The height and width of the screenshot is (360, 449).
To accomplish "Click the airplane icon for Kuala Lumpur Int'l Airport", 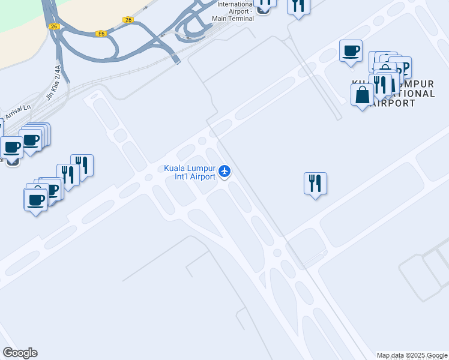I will [x=225, y=172].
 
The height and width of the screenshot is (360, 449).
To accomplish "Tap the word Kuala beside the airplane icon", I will [x=175, y=169].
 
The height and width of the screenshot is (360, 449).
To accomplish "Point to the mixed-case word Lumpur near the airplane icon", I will [x=202, y=169].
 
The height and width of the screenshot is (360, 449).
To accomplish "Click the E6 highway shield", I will [x=101, y=34].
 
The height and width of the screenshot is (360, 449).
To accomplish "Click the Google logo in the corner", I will [x=20, y=353].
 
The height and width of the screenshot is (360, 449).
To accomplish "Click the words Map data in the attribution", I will [x=390, y=355].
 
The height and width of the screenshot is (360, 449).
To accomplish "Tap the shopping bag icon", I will [x=362, y=95].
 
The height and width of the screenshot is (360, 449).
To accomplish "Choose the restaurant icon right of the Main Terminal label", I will [x=298, y=6].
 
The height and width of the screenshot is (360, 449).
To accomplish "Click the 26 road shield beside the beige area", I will [x=54, y=26].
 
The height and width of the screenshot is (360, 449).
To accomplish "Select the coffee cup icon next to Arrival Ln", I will [x=11, y=147].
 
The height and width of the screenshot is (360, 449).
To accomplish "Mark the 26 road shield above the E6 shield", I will [x=128, y=20].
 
